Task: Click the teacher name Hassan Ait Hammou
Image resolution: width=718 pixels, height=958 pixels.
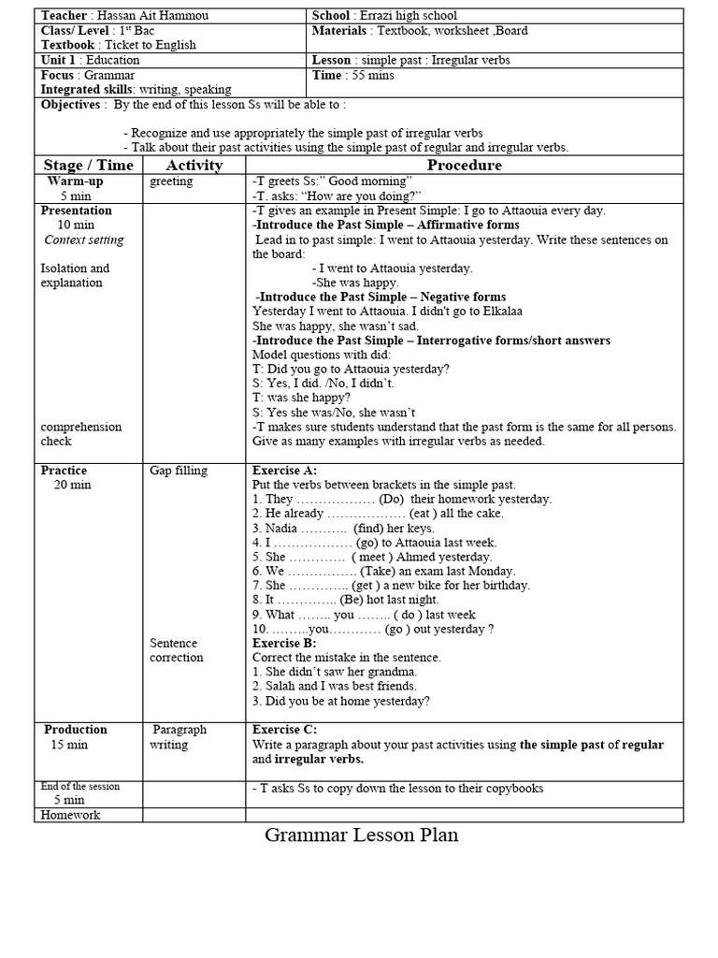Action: point(136,16)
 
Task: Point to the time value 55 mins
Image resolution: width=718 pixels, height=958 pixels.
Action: point(370,75)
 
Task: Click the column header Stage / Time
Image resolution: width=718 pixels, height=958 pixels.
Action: point(88,166)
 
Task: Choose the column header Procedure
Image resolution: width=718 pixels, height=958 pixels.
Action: point(464,166)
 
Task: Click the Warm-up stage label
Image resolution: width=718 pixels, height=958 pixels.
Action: point(75,181)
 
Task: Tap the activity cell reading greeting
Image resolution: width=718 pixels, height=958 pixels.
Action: point(171,181)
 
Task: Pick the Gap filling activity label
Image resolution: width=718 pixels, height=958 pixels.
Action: point(179,471)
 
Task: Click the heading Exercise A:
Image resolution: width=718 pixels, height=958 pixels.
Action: point(285,471)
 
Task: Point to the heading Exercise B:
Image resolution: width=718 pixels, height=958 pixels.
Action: point(285,644)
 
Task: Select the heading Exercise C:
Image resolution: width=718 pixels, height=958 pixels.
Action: point(285,730)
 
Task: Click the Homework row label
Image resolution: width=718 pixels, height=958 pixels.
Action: point(70,815)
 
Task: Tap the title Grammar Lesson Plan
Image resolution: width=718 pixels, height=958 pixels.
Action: point(362,835)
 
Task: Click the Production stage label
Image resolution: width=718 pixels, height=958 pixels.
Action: point(76,730)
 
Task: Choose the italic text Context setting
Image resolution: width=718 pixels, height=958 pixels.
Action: point(84,239)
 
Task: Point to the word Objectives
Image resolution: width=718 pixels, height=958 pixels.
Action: point(70,105)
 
